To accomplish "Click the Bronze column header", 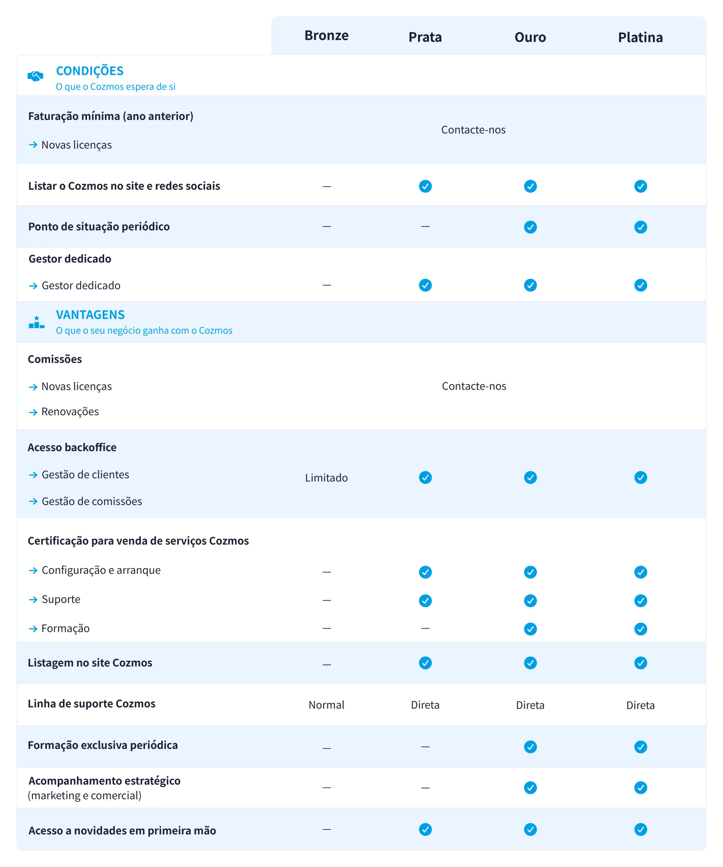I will (326, 36).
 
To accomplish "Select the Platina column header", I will (640, 38).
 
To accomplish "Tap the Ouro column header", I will (530, 38).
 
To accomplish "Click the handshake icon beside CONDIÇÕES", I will (36, 76).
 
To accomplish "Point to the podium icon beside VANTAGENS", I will (36, 322).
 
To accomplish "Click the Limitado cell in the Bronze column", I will (326, 478).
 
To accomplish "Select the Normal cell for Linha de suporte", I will (326, 705).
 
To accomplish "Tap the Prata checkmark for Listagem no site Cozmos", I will (425, 663).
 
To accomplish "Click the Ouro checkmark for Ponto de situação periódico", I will (530, 227).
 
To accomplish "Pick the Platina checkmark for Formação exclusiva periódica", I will (640, 747).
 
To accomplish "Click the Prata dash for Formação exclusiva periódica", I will (425, 747).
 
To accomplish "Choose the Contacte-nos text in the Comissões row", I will (474, 386).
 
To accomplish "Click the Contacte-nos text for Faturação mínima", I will (473, 130).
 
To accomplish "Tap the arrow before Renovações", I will (33, 412).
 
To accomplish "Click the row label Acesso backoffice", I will (72, 447).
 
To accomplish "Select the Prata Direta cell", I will (425, 705).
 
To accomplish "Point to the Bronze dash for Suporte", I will (327, 600).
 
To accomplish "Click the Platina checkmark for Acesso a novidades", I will (640, 829).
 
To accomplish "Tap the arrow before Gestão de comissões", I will (33, 501).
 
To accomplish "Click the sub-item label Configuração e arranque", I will (101, 570).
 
